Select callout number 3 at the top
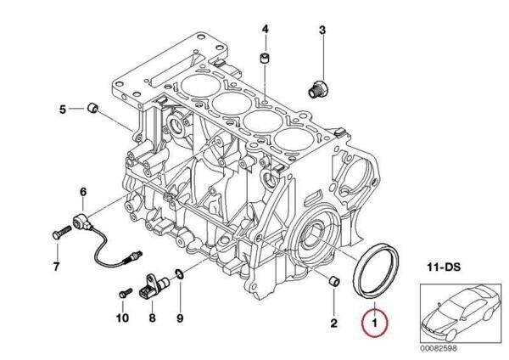(322, 31)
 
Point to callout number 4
(265, 30)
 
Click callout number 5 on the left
(63, 109)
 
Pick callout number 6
(83, 192)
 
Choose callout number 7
(56, 268)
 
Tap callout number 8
(153, 318)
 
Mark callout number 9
(180, 318)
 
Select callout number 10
(121, 318)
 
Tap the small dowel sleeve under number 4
(264, 59)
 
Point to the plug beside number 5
(94, 108)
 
